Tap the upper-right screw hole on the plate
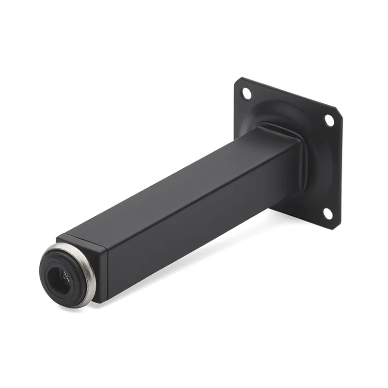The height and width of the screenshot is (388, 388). click(329, 120)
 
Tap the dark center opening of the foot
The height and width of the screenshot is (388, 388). click(57, 277)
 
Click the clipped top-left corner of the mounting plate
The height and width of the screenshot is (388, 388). click(237, 81)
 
